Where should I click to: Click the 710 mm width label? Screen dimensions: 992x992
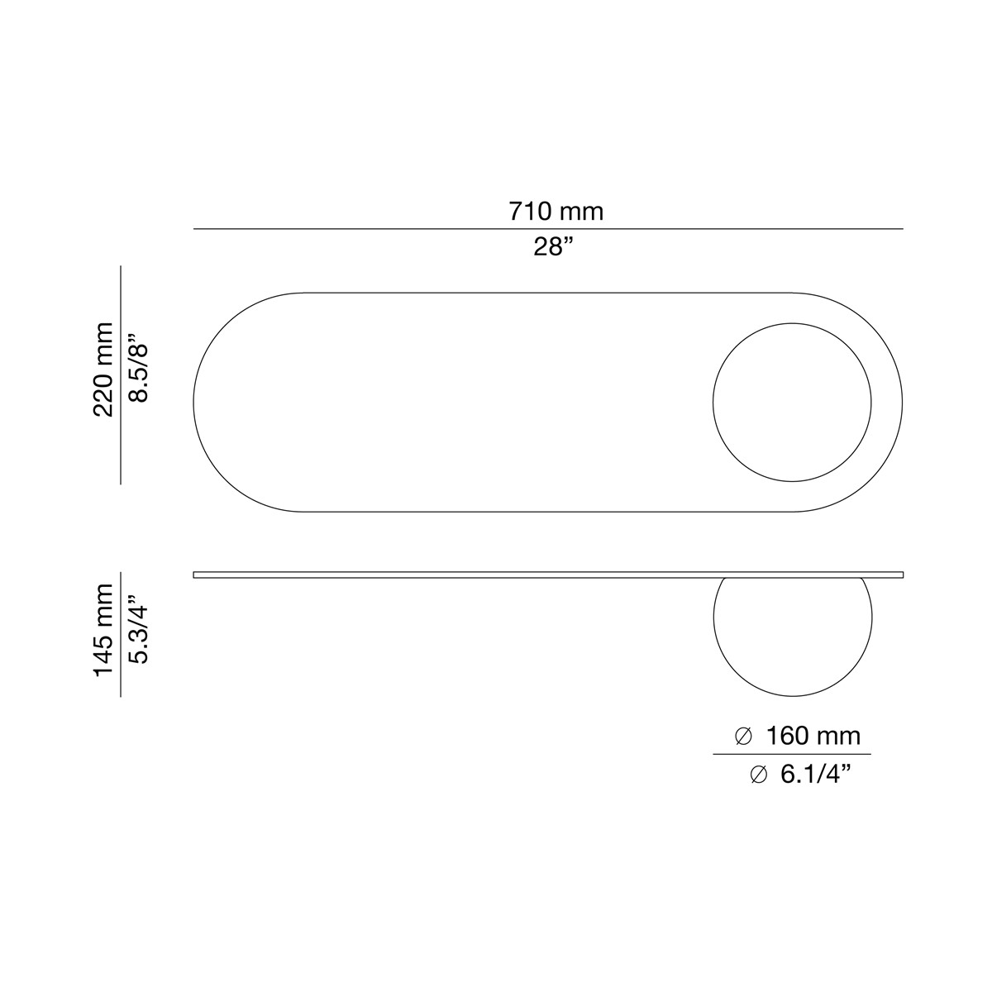point(556,212)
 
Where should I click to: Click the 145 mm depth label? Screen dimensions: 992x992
point(103,630)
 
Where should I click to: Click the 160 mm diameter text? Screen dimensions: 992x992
point(813,735)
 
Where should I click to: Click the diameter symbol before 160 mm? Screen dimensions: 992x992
point(742,735)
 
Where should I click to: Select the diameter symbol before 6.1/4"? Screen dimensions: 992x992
point(758,775)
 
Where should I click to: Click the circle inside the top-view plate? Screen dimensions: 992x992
point(792,402)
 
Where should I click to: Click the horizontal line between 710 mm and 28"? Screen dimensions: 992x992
point(548,229)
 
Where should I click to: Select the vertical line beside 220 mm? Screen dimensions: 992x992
point(121,374)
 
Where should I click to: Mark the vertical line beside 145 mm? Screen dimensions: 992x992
point(121,633)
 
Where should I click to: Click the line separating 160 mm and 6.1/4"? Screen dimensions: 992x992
point(792,754)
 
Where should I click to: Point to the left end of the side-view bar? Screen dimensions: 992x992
point(196,575)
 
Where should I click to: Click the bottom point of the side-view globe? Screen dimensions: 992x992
point(792,695)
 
